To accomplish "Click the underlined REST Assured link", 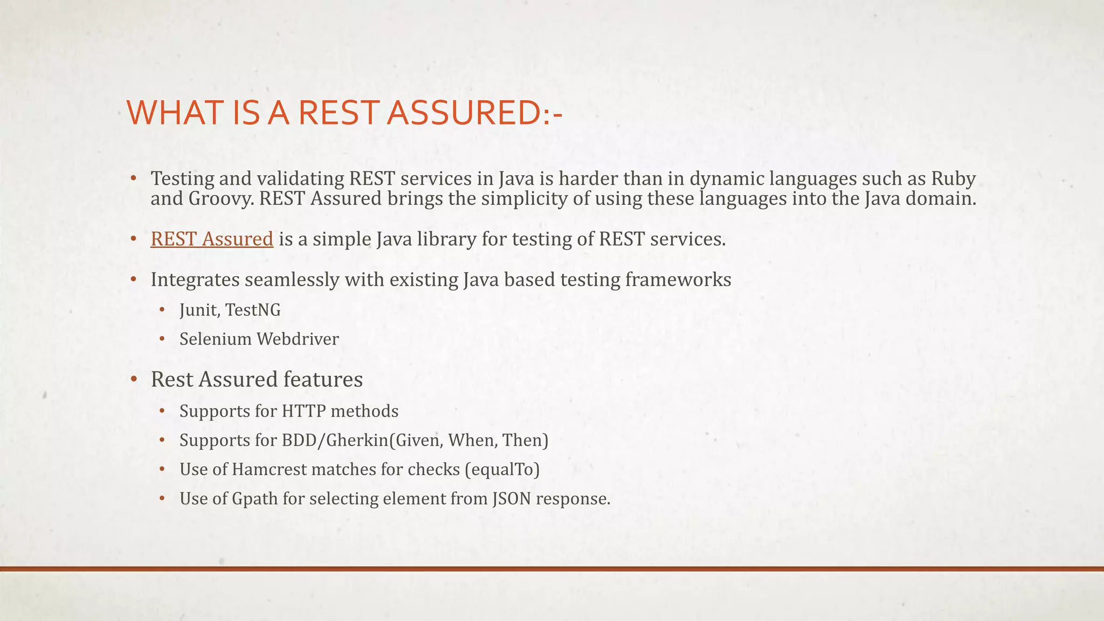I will [x=212, y=239].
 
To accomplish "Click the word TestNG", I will [x=253, y=310].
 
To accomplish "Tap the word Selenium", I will [x=216, y=339].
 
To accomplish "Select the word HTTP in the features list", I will [x=303, y=411].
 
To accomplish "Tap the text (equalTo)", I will [x=502, y=470].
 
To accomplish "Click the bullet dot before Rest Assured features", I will [x=134, y=379].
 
